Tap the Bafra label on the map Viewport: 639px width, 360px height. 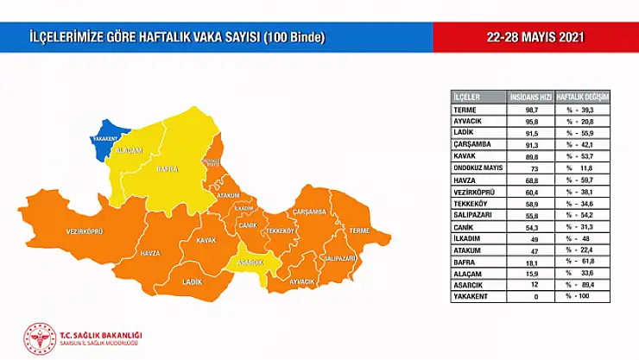click(x=167, y=169)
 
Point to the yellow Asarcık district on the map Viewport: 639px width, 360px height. click(x=250, y=262)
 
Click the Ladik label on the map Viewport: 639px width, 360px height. click(x=192, y=281)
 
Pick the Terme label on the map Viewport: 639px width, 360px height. click(x=359, y=231)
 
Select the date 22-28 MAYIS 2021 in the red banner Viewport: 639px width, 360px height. click(x=535, y=37)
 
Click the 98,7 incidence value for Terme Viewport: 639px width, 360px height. click(x=532, y=111)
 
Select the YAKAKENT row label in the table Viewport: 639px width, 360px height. click(x=471, y=296)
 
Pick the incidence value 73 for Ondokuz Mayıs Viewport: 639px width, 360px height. click(x=532, y=168)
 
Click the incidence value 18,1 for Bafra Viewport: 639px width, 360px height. click(x=532, y=262)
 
